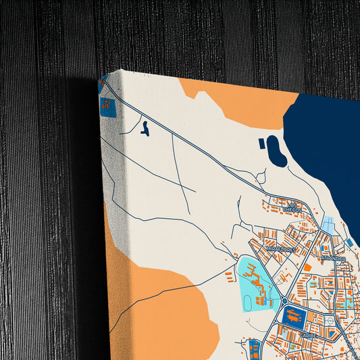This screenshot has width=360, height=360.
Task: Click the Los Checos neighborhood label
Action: click(x=293, y=207)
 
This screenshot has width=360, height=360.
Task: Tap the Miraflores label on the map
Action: click(x=281, y=249)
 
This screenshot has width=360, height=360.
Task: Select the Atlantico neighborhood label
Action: click(x=333, y=259)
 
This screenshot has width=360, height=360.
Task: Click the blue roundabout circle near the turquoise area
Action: click(x=284, y=301)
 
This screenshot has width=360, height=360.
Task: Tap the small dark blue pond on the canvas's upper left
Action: click(x=145, y=127)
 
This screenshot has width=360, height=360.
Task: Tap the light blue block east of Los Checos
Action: click(x=328, y=224)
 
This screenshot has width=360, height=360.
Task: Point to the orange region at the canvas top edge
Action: click(x=240, y=101)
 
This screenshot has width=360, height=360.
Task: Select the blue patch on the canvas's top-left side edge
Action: click(x=107, y=105)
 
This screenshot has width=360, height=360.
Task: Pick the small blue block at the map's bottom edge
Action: click(x=253, y=349)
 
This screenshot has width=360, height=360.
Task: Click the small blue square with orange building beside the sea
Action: click(x=349, y=241)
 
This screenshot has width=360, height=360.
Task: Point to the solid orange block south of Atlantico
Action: click(x=307, y=267)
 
